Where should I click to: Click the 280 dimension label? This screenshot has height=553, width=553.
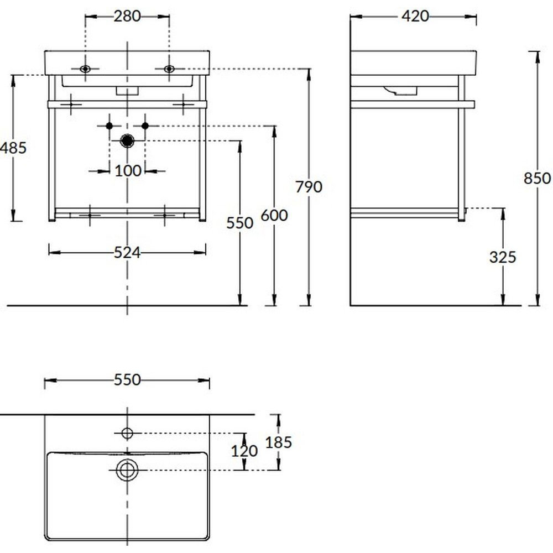pyautogui.click(x=127, y=16)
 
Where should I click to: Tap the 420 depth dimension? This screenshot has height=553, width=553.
pyautogui.click(x=415, y=16)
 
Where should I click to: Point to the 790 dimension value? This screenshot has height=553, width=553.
pyautogui.click(x=309, y=187)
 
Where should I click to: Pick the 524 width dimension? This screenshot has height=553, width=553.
pyautogui.click(x=127, y=252)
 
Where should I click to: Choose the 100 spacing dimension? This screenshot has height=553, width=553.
pyautogui.click(x=128, y=171)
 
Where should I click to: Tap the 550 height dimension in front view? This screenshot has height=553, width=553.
pyautogui.click(x=240, y=223)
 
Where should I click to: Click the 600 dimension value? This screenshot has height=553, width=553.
pyautogui.click(x=274, y=215)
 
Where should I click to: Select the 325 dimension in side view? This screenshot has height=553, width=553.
pyautogui.click(x=503, y=257)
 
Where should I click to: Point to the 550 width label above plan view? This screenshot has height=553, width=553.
pyautogui.click(x=127, y=380)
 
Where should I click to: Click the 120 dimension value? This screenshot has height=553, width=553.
pyautogui.click(x=244, y=451)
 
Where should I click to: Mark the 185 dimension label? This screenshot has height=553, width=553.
pyautogui.click(x=279, y=442)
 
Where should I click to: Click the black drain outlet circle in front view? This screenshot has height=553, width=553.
pyautogui.click(x=128, y=141)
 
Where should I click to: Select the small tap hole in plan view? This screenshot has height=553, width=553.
pyautogui.click(x=128, y=432)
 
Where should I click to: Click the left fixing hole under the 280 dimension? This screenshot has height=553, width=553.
pyautogui.click(x=85, y=69)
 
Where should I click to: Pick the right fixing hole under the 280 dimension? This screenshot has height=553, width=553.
pyautogui.click(x=169, y=69)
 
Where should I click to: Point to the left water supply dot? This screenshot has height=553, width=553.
pyautogui.click(x=109, y=126)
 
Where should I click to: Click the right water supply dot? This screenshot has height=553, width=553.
pyautogui.click(x=145, y=126)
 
